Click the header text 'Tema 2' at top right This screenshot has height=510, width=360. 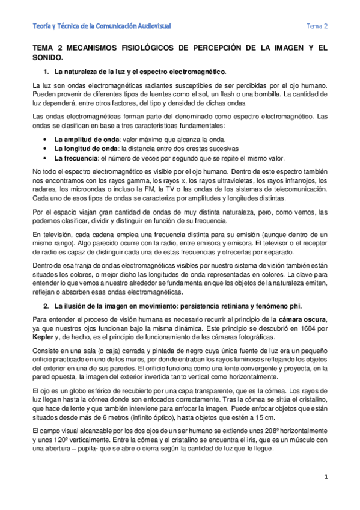tap(317, 26)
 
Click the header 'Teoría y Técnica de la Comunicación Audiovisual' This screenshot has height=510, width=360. tap(102, 26)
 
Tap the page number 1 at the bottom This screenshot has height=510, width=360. tap(325, 477)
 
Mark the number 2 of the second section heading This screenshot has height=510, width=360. tap(47, 306)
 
